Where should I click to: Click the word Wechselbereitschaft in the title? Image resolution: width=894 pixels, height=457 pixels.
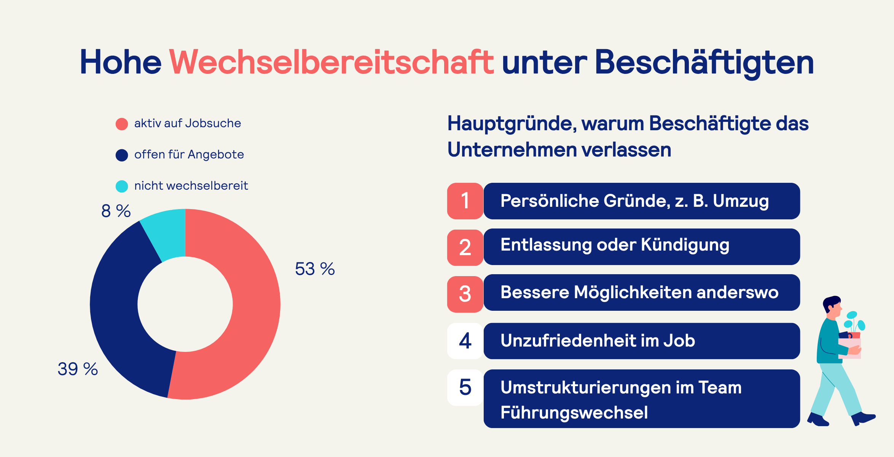[331, 62]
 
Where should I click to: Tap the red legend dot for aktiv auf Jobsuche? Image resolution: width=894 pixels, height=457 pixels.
[122, 124]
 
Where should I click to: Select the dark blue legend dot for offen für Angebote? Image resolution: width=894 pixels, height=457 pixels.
[122, 155]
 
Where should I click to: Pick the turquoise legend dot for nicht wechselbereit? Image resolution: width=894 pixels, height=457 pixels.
[122, 186]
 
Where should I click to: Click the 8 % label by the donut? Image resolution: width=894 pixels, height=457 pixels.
[116, 211]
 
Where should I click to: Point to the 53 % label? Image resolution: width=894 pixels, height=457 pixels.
[315, 269]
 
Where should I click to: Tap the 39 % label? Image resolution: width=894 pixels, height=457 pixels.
[78, 369]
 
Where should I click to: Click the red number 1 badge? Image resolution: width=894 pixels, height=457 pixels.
[465, 201]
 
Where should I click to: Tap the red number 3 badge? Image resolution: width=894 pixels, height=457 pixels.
[465, 294]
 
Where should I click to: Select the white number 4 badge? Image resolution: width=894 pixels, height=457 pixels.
[465, 341]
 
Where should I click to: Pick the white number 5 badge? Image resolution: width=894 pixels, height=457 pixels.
[465, 387]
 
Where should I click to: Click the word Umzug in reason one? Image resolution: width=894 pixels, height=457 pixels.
[741, 201]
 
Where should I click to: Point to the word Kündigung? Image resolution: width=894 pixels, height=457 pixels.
[685, 245]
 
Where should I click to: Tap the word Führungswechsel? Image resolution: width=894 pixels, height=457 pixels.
[574, 413]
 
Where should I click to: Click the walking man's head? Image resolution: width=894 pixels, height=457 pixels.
[833, 307]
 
